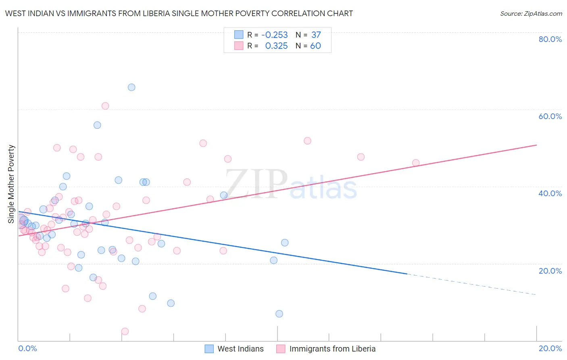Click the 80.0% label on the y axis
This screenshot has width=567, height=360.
[550, 39]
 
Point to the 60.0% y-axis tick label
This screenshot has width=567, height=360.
[550, 116]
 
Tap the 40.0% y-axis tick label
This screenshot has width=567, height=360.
[550, 193]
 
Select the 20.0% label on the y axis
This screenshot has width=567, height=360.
[550, 271]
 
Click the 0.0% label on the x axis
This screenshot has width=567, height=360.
[27, 348]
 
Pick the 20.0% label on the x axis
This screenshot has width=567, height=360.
[550, 348]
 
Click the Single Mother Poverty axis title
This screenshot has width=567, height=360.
[11, 184]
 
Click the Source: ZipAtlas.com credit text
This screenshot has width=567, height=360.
[531, 13]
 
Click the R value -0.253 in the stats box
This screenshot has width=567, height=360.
[275, 35]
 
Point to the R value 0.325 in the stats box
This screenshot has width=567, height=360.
[276, 46]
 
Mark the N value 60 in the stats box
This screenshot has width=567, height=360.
[315, 46]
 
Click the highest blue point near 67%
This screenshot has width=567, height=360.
[131, 87]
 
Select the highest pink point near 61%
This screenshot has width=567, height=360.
[105, 106]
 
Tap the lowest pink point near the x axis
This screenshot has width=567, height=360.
[125, 331]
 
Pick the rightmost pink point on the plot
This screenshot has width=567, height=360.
[416, 163]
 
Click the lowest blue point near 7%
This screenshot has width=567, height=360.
[279, 314]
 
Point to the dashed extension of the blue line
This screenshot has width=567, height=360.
[472, 285]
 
